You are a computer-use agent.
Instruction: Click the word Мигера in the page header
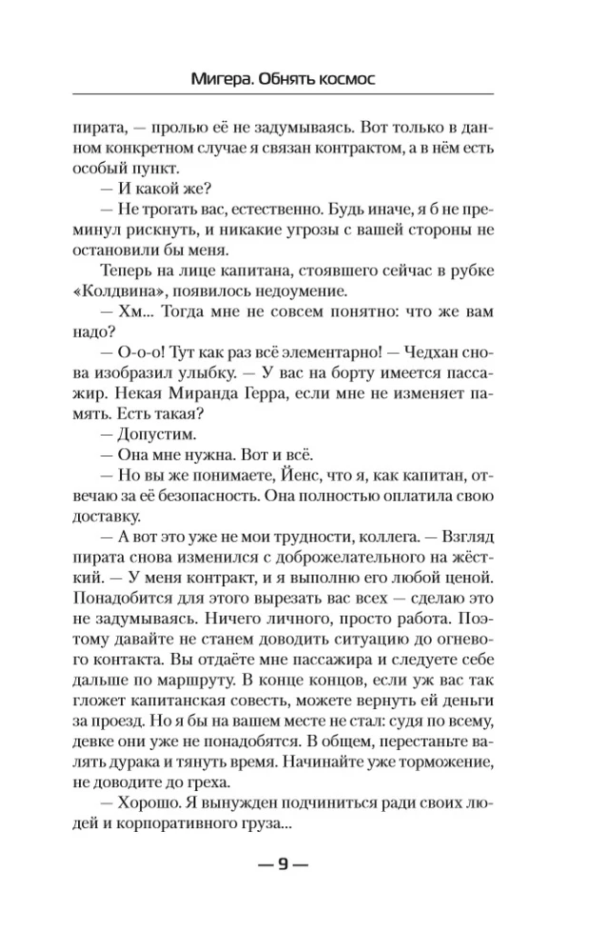pos(216,80)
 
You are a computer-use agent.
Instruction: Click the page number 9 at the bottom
pos(283,864)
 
